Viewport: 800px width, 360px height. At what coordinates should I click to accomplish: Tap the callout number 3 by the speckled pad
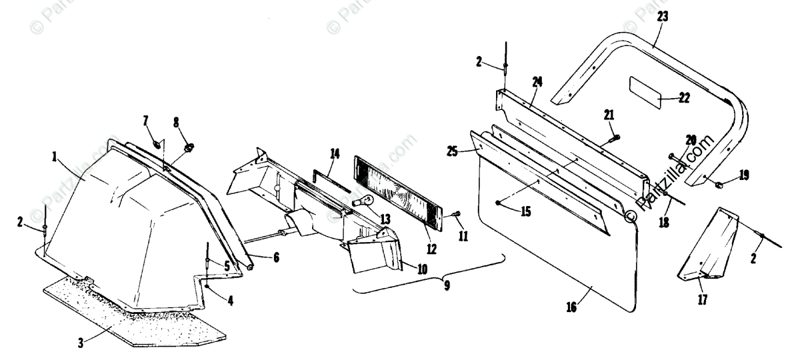(80, 343)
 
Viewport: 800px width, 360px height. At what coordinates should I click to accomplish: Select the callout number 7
(145, 120)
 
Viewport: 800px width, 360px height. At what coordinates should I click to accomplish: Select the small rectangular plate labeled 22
(645, 91)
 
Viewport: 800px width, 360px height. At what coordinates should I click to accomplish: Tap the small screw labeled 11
(454, 215)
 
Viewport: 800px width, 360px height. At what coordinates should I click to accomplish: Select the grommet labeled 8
(189, 146)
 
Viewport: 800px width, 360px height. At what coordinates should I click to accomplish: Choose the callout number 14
(335, 154)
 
